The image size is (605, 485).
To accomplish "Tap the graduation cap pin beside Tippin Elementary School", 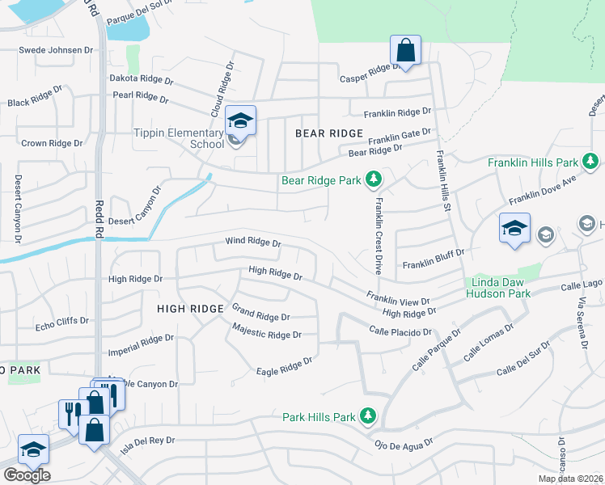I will click(x=240, y=121).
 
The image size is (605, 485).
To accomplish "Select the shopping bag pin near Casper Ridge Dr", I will click(x=406, y=50).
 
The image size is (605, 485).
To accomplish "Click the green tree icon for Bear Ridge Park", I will click(x=373, y=179).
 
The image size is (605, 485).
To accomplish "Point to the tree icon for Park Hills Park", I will click(x=368, y=416).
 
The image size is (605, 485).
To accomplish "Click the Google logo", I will click(x=27, y=475).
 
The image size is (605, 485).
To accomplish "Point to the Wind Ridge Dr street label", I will click(x=252, y=242).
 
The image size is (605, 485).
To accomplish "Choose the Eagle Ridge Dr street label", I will click(x=284, y=365).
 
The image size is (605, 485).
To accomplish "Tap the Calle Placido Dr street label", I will click(x=400, y=331).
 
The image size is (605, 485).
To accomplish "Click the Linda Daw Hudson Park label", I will click(x=498, y=289).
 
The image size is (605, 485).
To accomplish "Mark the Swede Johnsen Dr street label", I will click(x=57, y=50).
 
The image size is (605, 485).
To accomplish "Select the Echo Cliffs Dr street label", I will click(x=61, y=321).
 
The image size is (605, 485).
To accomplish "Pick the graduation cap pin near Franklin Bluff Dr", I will click(x=514, y=229).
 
